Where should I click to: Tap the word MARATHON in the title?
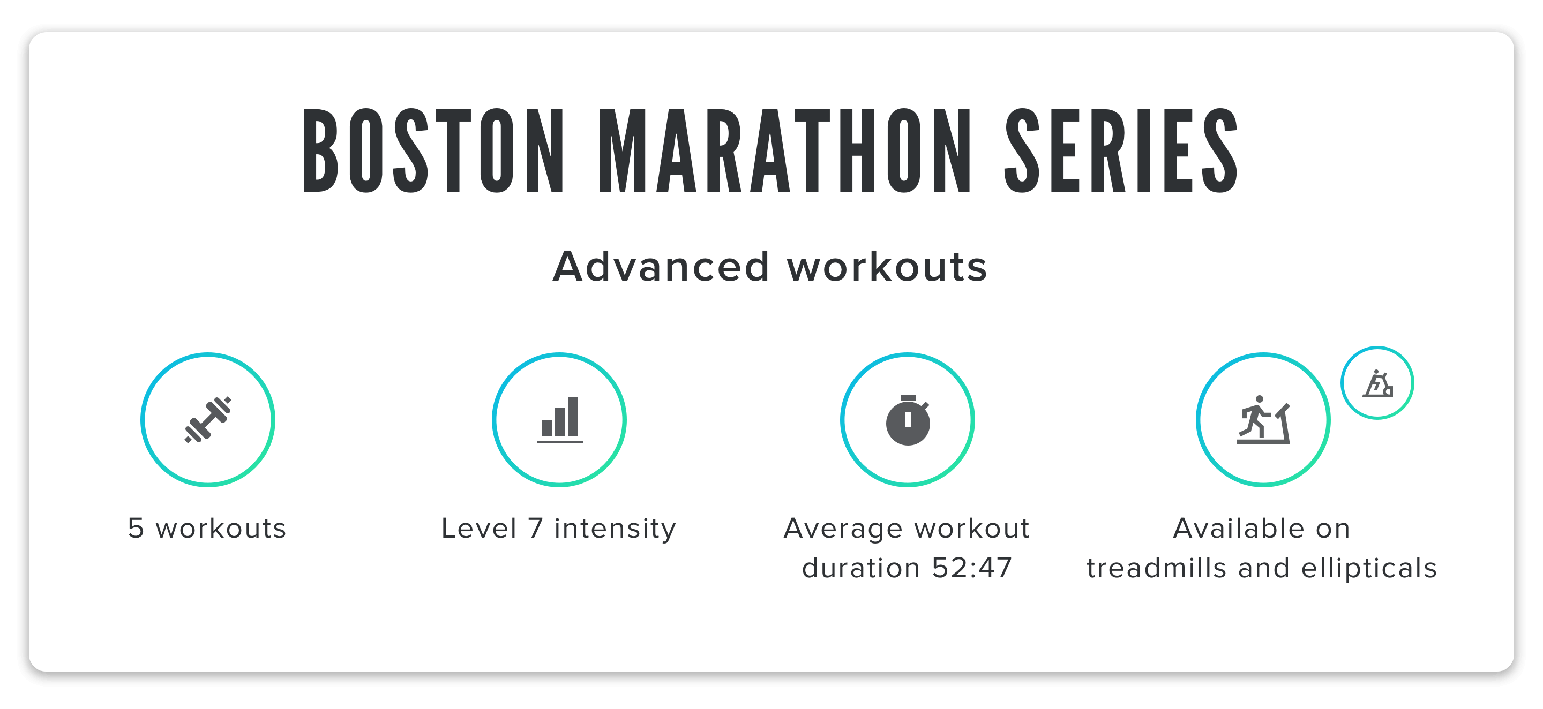[x=785, y=151]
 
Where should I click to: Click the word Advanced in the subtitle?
[x=661, y=267]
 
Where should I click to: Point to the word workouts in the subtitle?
[x=887, y=267]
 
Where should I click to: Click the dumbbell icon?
[x=207, y=420]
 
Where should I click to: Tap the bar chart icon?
[x=559, y=420]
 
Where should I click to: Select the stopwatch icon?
[x=908, y=420]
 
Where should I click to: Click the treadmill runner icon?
[x=1263, y=420]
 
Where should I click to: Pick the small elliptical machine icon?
[x=1377, y=383]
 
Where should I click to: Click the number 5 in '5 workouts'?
[x=136, y=528]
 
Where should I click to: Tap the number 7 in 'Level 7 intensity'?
[x=535, y=528]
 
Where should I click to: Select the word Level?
[x=478, y=528]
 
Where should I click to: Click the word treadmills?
[x=1157, y=568]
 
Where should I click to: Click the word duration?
[x=862, y=568]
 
